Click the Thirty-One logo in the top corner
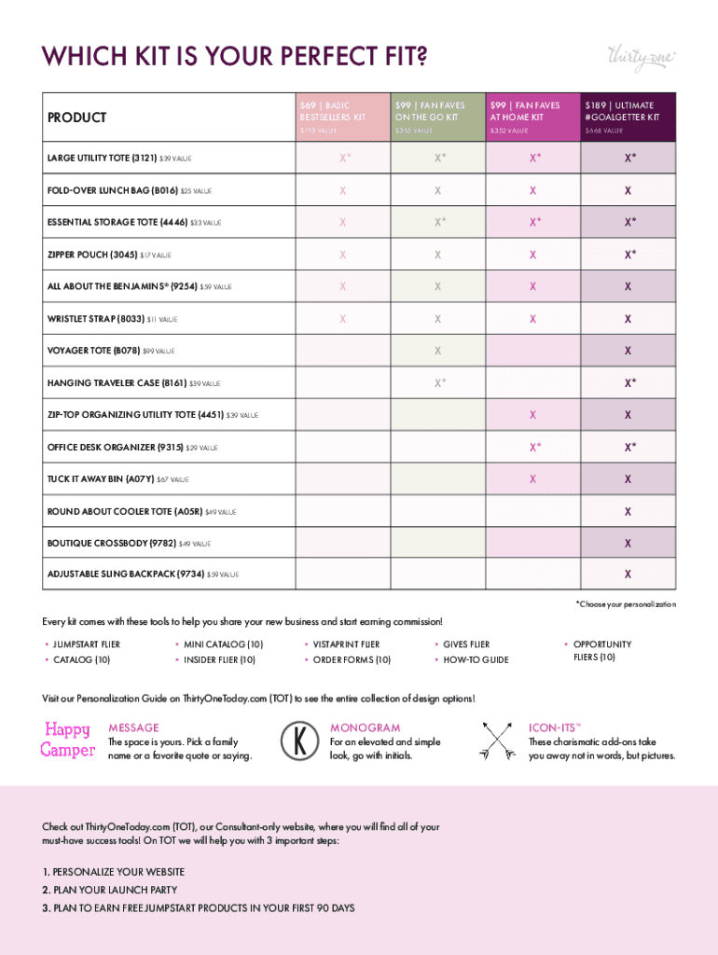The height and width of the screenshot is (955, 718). (x=641, y=56)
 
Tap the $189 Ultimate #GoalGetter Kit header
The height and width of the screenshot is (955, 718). (x=627, y=117)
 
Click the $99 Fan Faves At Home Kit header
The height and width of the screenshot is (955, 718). (x=531, y=117)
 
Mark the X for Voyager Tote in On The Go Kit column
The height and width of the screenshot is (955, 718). (x=437, y=351)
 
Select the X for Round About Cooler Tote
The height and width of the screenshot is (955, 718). (x=628, y=511)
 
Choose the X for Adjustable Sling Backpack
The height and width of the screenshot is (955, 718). (x=628, y=574)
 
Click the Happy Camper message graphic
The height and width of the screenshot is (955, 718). (x=67, y=739)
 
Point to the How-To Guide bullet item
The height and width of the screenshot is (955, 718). (x=476, y=659)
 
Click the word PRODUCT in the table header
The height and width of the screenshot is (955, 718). (x=76, y=118)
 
